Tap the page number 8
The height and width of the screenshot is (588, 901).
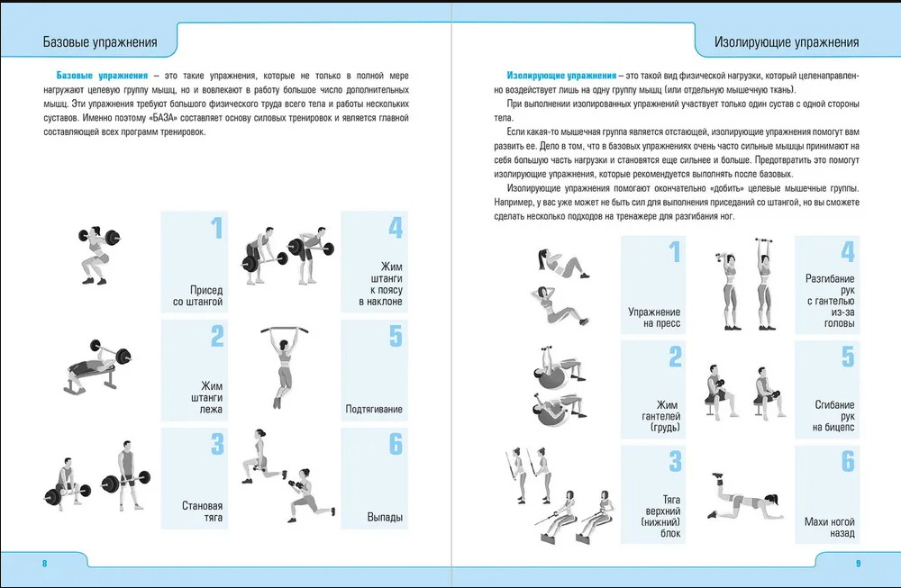pos(44,564)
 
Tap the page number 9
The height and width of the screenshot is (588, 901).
pos(858,564)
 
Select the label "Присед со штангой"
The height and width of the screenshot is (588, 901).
pos(197,296)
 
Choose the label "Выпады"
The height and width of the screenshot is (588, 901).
pos(385,518)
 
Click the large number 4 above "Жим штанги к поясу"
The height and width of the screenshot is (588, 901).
pos(395,228)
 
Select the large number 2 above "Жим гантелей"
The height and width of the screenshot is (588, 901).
pos(674,357)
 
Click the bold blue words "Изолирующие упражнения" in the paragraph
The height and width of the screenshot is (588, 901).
pos(561,75)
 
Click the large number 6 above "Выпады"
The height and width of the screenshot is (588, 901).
pos(395,444)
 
